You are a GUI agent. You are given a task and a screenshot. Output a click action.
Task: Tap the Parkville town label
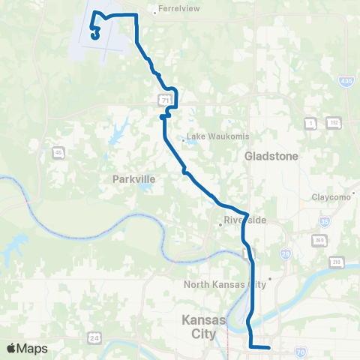(133, 179)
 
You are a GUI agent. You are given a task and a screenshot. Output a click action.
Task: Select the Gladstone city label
(271, 156)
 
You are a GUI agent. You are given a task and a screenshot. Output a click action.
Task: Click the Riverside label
(241, 221)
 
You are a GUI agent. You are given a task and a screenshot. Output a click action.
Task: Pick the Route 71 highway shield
(162, 98)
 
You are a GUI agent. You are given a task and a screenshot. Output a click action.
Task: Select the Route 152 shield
(334, 121)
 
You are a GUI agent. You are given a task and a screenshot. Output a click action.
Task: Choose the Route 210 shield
(336, 262)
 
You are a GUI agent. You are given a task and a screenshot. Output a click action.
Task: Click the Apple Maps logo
(27, 349)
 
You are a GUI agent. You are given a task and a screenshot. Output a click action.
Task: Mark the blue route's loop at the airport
(95, 31)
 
